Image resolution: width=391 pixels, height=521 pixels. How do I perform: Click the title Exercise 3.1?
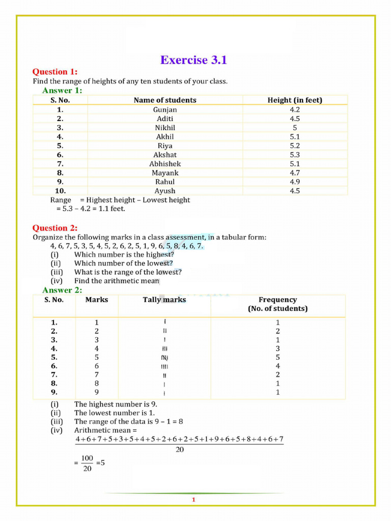(x=193, y=60)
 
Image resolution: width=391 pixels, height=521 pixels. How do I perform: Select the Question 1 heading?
(x=55, y=72)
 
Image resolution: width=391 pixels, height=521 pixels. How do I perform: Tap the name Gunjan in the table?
(x=165, y=109)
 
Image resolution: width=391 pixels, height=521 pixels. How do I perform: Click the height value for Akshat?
(x=295, y=155)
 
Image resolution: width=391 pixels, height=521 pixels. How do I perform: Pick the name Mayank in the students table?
(x=165, y=173)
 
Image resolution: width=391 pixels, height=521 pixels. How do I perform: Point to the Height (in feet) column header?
(x=295, y=100)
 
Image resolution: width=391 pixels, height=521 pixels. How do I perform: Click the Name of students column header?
(x=165, y=100)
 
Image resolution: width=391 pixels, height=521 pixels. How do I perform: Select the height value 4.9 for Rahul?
(x=295, y=182)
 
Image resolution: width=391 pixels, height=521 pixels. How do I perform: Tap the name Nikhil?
(x=165, y=128)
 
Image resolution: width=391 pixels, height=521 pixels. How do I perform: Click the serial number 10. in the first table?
(x=60, y=191)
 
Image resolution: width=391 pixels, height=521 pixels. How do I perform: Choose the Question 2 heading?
(x=55, y=228)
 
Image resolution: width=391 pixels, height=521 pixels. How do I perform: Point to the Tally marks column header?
(x=164, y=300)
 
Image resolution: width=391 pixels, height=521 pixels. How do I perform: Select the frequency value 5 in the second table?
(x=277, y=357)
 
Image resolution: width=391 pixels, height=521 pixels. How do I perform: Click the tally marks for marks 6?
(x=164, y=366)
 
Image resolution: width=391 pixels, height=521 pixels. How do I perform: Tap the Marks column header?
(x=97, y=300)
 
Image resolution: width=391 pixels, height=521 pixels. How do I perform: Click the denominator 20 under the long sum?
(x=180, y=450)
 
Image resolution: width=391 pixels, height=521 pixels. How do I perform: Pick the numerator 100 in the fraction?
(x=87, y=458)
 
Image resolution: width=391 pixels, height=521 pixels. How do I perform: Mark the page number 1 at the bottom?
(x=193, y=500)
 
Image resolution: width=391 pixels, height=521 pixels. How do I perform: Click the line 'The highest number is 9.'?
(x=116, y=404)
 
